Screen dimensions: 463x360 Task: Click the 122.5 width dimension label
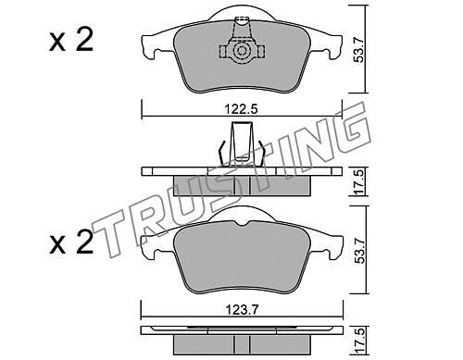pyautogui.click(x=241, y=109)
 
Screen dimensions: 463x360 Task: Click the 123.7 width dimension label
pyautogui.click(x=241, y=309)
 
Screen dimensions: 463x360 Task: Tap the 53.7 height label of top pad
pyautogui.click(x=359, y=49)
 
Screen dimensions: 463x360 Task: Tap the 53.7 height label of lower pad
pyautogui.click(x=359, y=250)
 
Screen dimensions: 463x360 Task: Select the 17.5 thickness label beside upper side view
pyautogui.click(x=359, y=182)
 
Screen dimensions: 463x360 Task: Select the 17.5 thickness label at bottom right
pyautogui.click(x=359, y=342)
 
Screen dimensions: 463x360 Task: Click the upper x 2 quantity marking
pyautogui.click(x=71, y=41)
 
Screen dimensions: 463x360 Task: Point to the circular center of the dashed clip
pyautogui.click(x=242, y=51)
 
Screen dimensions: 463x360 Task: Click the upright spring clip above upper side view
pyautogui.click(x=241, y=144)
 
